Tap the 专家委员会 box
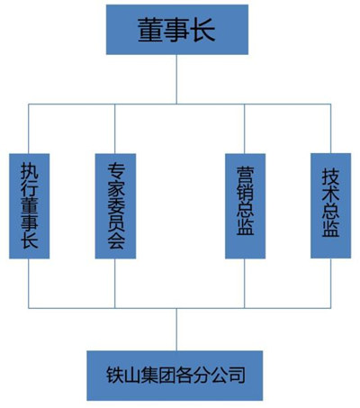115,205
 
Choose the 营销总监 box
245,206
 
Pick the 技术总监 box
330,205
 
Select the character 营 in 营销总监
245,172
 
